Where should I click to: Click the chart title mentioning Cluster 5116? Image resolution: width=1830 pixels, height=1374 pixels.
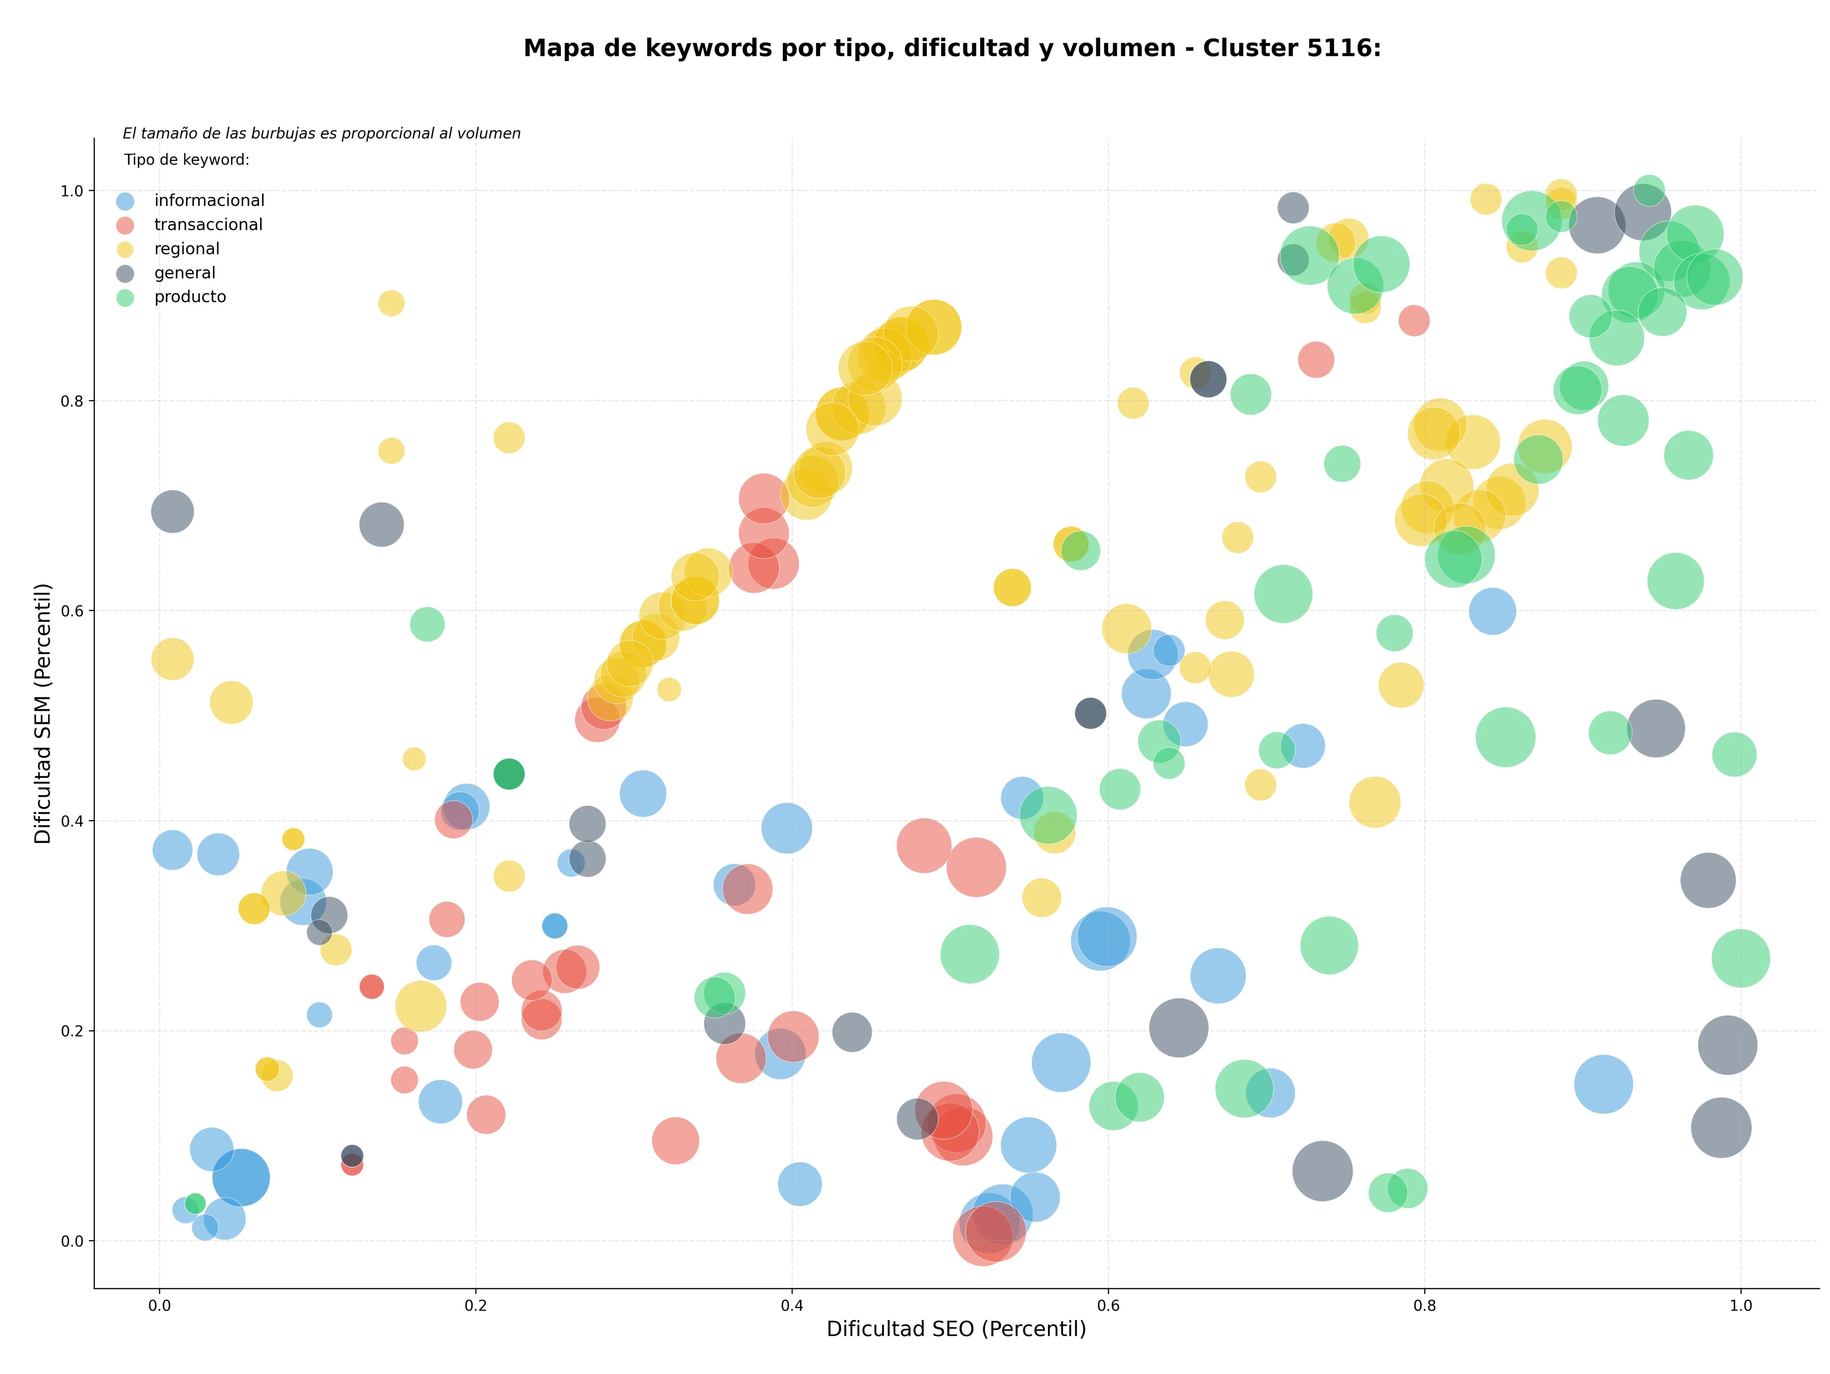pyautogui.click(x=952, y=48)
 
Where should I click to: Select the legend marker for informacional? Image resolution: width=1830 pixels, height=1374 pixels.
pyautogui.click(x=125, y=201)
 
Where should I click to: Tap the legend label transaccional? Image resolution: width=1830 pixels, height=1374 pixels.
pyautogui.click(x=208, y=225)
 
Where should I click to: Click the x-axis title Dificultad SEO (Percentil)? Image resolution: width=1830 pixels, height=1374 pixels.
pyautogui.click(x=956, y=1329)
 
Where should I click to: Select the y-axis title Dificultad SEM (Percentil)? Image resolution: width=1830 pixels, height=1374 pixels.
pyautogui.click(x=43, y=713)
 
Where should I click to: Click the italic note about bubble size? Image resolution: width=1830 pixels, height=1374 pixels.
pyautogui.click(x=322, y=133)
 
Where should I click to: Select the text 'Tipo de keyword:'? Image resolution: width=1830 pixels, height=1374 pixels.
pyautogui.click(x=187, y=160)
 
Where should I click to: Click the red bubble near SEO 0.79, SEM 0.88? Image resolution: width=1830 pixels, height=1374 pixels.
pyautogui.click(x=1414, y=320)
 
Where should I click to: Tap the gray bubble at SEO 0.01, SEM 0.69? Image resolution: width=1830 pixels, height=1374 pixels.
pyautogui.click(x=172, y=512)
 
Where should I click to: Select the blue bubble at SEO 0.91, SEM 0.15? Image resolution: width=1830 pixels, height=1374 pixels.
pyautogui.click(x=1603, y=1084)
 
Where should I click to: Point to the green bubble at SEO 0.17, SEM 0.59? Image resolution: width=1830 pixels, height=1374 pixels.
pyautogui.click(x=427, y=624)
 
